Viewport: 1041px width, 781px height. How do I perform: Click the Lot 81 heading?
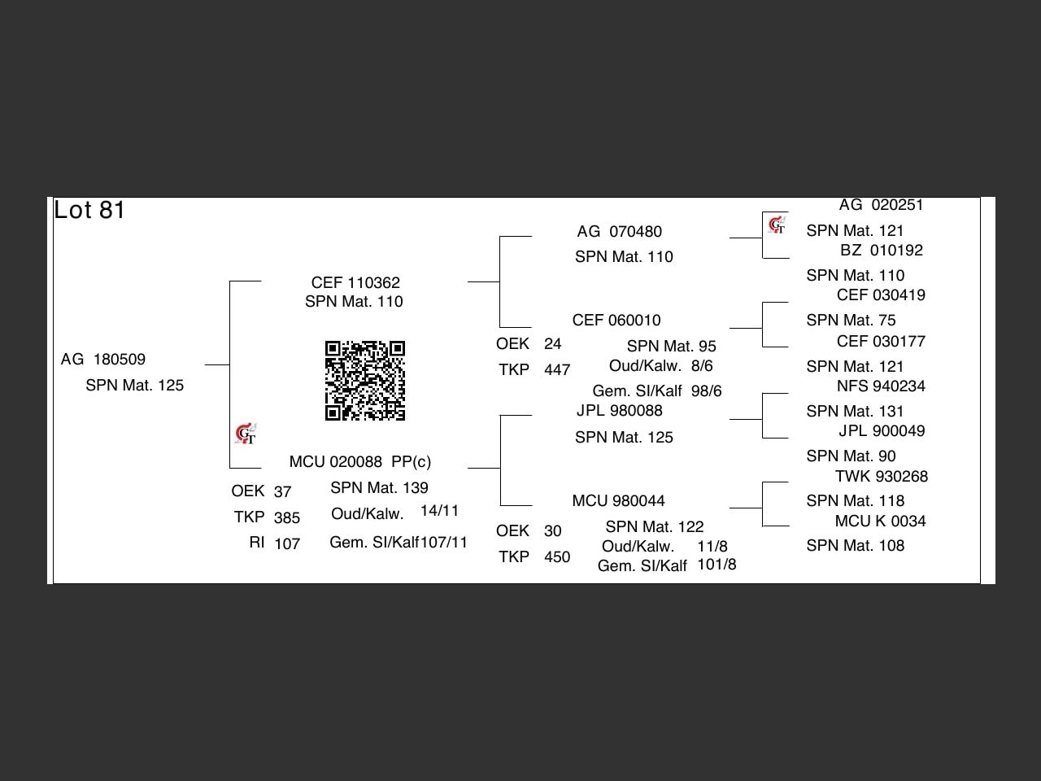coord(89,210)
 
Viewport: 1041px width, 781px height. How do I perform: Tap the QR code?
coord(364,380)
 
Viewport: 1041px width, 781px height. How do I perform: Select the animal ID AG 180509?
coord(103,360)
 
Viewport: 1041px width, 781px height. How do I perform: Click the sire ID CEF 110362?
coord(355,282)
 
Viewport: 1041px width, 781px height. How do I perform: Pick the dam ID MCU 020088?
coord(335,461)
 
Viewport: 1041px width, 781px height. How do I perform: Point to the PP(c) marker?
coord(412,461)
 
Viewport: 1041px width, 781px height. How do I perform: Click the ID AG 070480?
coord(619,231)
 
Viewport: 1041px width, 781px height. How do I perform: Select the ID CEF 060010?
coord(616,320)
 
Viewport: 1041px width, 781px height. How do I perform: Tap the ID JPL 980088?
coord(619,411)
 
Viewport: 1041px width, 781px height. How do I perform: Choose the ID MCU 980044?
coord(618,501)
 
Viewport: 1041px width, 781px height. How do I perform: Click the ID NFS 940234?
coord(881,386)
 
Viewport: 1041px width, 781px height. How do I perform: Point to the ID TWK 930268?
coord(881,476)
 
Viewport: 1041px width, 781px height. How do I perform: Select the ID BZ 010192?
coord(881,250)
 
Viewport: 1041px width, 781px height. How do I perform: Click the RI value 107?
coord(287,543)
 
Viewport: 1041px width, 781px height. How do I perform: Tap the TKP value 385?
coord(287,517)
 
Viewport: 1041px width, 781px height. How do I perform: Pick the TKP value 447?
coord(557,369)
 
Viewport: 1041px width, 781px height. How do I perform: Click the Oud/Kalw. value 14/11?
coord(439,511)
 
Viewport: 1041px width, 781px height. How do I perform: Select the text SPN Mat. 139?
coord(379,487)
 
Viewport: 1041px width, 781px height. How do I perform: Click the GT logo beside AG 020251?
coord(777,225)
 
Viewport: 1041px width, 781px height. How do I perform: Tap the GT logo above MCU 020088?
coord(246,434)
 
